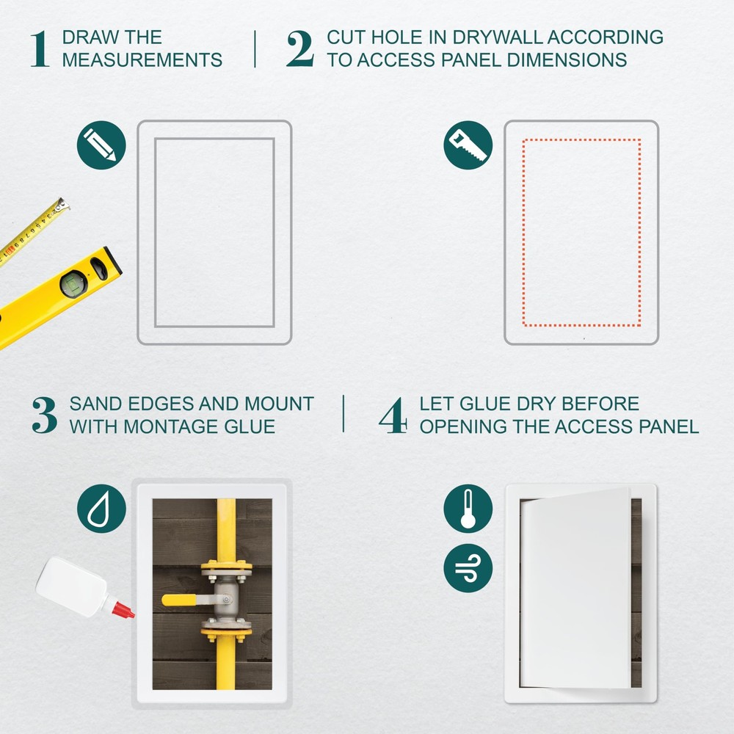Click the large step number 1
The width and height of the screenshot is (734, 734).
pos(40,49)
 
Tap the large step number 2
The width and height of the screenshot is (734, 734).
pos(299,49)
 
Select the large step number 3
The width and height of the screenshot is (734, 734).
pos(44,415)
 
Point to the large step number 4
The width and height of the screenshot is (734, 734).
pos(393,415)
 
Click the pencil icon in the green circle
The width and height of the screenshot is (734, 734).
pos(101,145)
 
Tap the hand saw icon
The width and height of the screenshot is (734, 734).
pos(468,145)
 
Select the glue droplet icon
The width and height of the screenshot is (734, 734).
pos(101,509)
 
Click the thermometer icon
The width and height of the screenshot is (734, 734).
pos(468,509)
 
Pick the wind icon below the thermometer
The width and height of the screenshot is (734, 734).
pos(468,567)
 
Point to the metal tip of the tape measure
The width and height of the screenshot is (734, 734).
pos(65,204)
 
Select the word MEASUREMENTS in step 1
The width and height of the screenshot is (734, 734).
pos(142,60)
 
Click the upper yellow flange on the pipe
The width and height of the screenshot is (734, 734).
pos(226,567)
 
